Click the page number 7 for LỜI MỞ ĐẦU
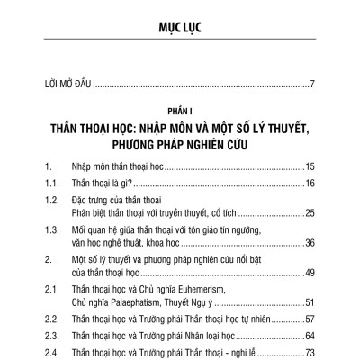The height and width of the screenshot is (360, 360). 310,85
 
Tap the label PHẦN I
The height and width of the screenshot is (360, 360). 179,112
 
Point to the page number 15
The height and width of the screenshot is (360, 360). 308,167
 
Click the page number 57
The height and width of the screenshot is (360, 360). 308,319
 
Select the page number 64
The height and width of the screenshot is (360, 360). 308,335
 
